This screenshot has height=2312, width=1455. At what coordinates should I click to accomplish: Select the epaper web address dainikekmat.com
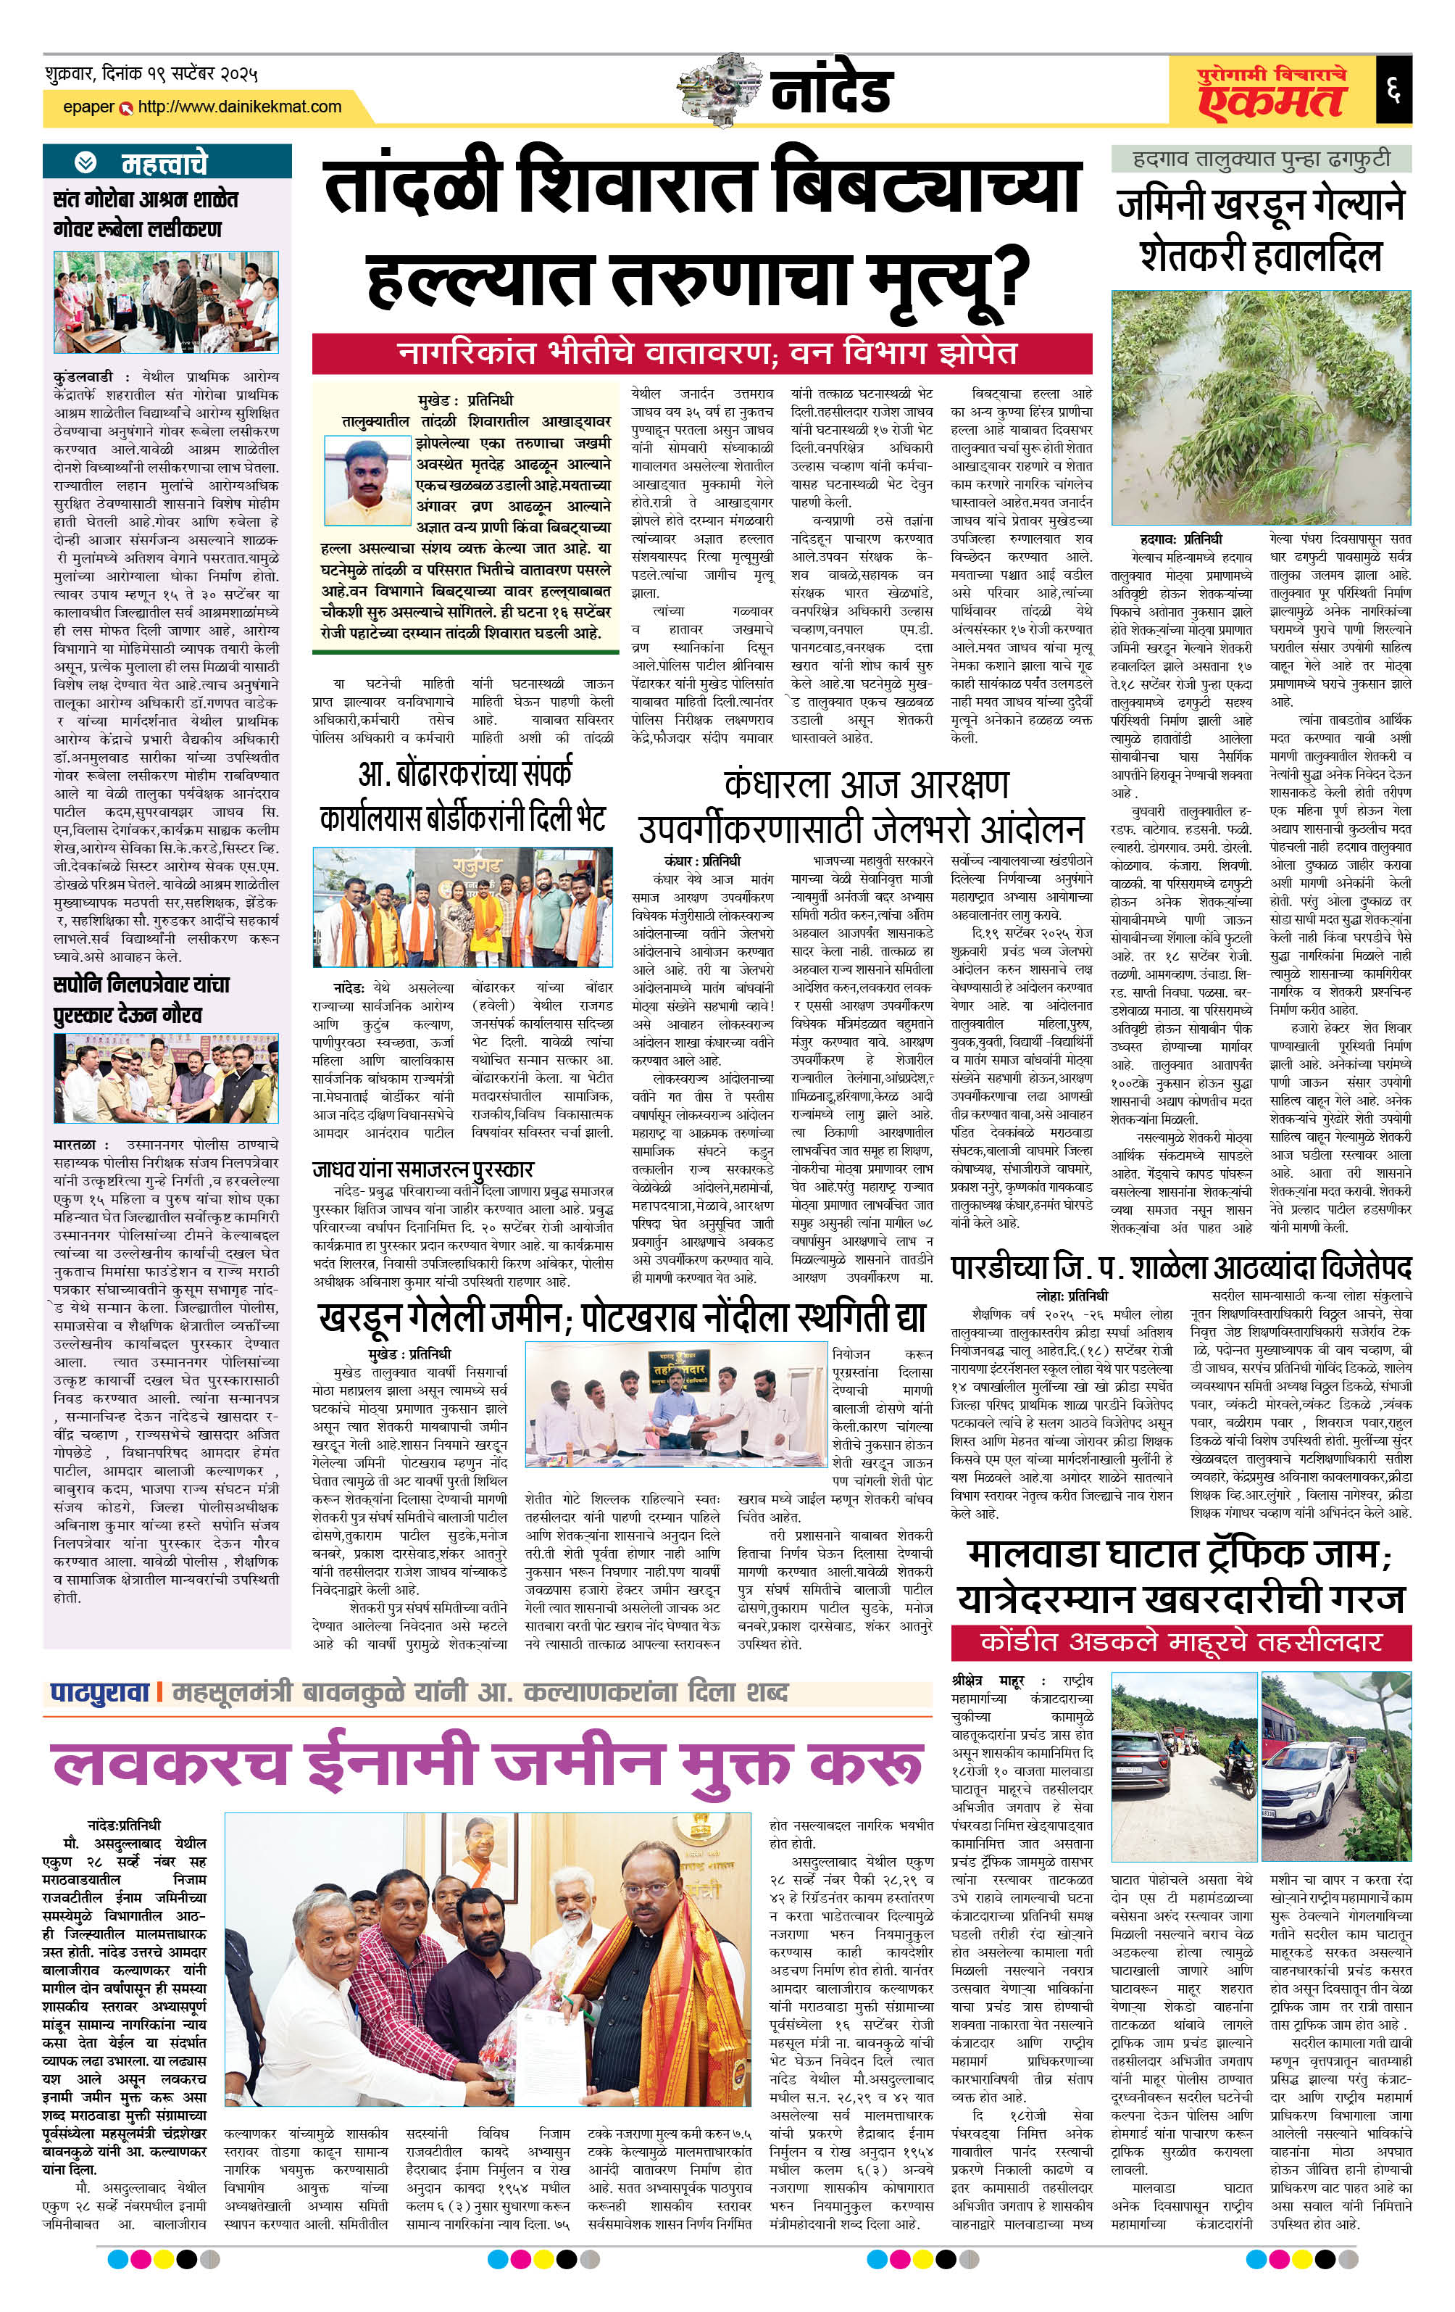(239, 107)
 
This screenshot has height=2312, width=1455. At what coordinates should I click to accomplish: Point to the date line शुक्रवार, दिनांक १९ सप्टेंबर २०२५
(151, 74)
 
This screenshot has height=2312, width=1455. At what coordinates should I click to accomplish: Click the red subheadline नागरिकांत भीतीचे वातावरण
(701, 353)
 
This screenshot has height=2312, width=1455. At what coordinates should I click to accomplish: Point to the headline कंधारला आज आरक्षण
(866, 784)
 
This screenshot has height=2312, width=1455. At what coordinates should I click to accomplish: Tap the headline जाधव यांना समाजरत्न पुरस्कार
(422, 1169)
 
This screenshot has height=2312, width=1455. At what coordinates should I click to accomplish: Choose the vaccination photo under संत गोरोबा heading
(166, 302)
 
